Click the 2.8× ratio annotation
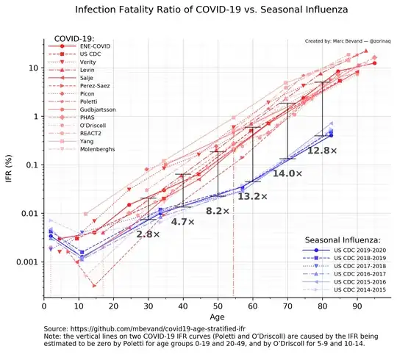click(x=148, y=234)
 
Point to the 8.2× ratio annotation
click(x=218, y=211)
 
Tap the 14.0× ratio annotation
click(x=287, y=173)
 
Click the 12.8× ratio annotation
click(x=322, y=151)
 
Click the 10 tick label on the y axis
click(x=32, y=68)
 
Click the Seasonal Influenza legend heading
click(x=342, y=240)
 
